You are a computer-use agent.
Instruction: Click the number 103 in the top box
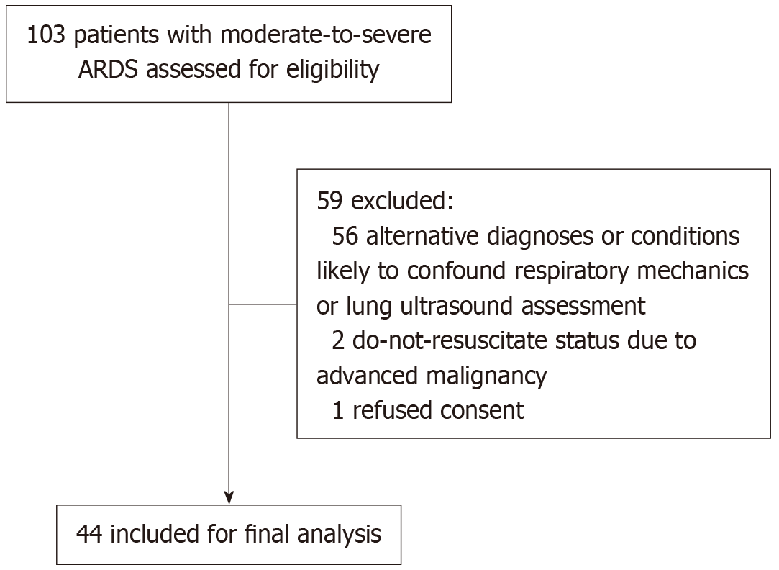(x=46, y=35)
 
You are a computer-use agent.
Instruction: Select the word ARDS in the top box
(x=109, y=69)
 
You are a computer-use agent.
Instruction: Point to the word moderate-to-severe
(x=326, y=35)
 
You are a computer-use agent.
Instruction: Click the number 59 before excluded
(x=330, y=202)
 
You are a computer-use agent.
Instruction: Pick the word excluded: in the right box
(x=402, y=202)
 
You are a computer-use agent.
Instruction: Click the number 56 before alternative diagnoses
(x=345, y=236)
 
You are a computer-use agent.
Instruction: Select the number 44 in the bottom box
(x=89, y=535)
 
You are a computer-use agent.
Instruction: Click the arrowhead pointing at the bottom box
(x=229, y=498)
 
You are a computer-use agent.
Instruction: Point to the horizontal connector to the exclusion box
(x=263, y=304)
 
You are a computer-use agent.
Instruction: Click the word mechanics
(x=693, y=271)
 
